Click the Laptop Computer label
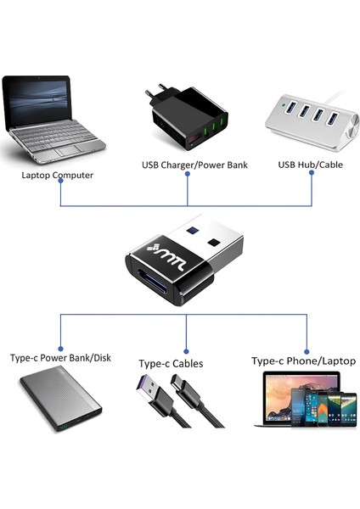point(58,176)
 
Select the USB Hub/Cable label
point(310,165)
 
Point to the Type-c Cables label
point(171,363)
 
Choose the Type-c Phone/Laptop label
point(303,361)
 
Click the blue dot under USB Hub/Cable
point(312,172)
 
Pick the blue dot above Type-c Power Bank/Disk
point(59,346)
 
